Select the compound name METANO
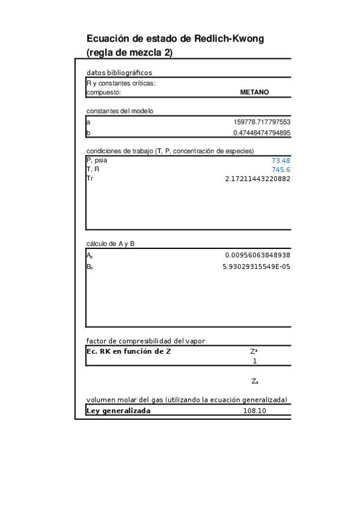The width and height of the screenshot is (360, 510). point(254,93)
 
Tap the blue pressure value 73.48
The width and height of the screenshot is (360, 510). point(281,161)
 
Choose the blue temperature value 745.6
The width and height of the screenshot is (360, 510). point(281,170)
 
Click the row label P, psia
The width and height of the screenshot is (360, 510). point(97,161)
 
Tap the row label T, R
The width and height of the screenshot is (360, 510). point(93,170)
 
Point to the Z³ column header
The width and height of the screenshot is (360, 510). point(254,351)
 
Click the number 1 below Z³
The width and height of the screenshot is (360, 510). point(255,361)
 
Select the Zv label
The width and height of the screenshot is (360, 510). point(255,381)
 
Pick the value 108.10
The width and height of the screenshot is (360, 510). point(254,411)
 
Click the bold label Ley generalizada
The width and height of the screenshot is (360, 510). point(118,411)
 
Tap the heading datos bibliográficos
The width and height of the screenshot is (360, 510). point(119,73)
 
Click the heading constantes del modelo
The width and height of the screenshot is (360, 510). point(120,111)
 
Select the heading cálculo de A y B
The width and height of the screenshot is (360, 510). point(110,244)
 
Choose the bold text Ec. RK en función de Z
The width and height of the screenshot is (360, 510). point(129,351)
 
